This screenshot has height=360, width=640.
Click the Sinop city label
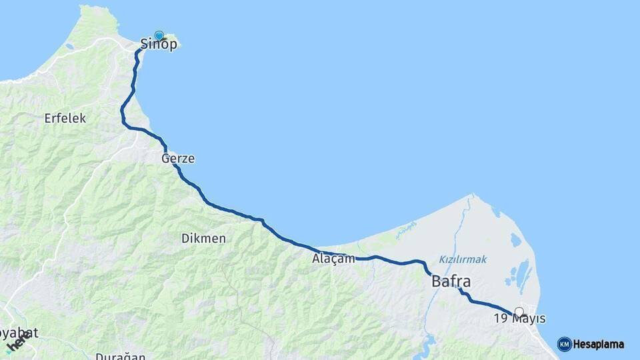[x=159, y=45]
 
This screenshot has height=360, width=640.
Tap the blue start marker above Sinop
[x=159, y=35]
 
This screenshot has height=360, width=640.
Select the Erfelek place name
[x=65, y=118]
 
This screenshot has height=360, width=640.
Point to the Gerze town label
[x=178, y=159]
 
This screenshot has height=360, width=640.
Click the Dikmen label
[x=203, y=238]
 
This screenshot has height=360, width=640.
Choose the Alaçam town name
[x=333, y=259]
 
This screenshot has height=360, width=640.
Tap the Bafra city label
[x=451, y=281]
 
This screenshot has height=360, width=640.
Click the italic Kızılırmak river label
[x=463, y=259]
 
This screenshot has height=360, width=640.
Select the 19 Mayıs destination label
[x=519, y=319]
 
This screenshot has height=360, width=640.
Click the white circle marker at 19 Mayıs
[x=519, y=311]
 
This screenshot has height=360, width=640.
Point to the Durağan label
[x=120, y=356]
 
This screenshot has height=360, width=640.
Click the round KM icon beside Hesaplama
[x=564, y=344]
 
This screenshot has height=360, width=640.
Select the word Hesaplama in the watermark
[x=599, y=345]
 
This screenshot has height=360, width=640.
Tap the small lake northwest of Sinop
[x=69, y=47]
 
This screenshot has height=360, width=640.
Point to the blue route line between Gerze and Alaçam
[x=233, y=213]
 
